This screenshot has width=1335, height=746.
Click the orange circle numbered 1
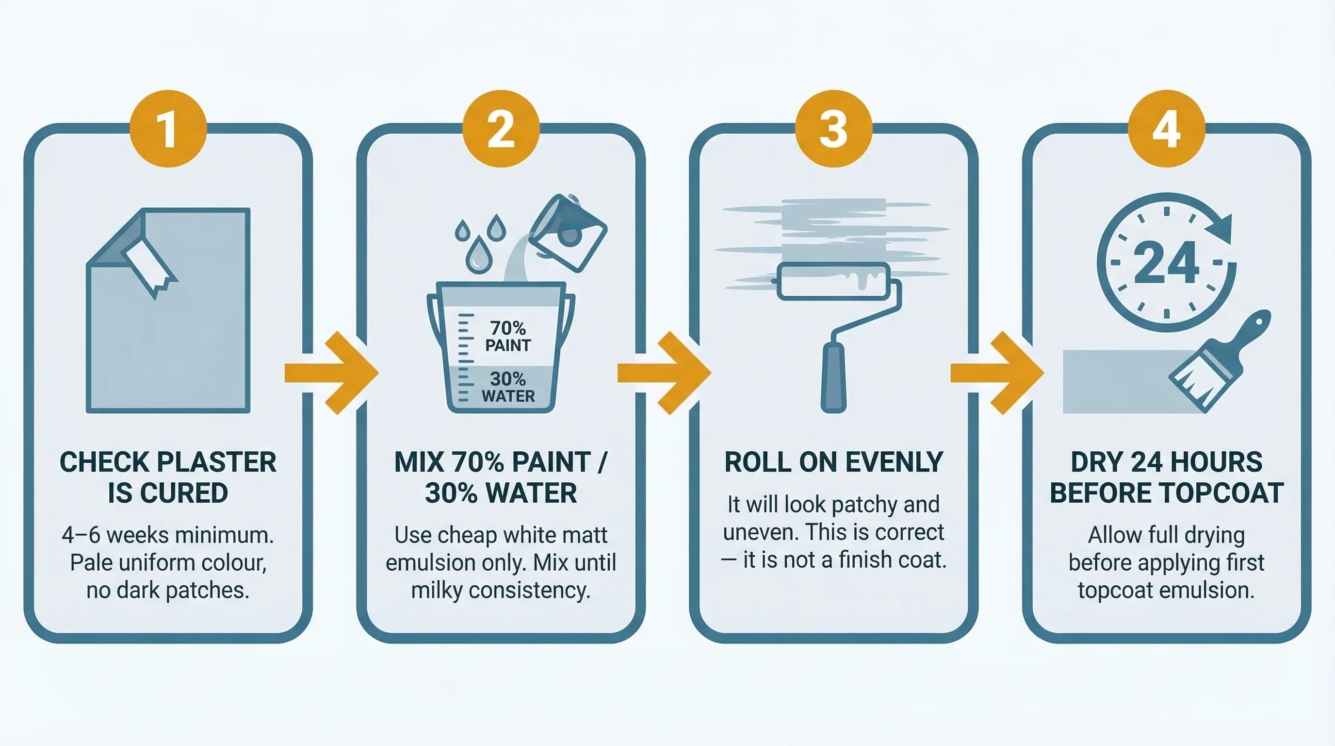coord(168,129)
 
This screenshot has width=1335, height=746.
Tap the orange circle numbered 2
coord(501,129)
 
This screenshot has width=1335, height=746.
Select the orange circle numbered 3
coord(833,129)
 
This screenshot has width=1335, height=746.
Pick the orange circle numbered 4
coord(1166,129)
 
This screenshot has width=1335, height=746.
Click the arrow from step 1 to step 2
coord(332,373)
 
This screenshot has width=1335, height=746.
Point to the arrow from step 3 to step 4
coord(997,373)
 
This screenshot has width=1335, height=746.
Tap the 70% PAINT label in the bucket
coord(508,336)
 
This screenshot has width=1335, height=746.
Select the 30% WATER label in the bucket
coord(508,387)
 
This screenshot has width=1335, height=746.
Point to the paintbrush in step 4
coord(1218,363)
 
